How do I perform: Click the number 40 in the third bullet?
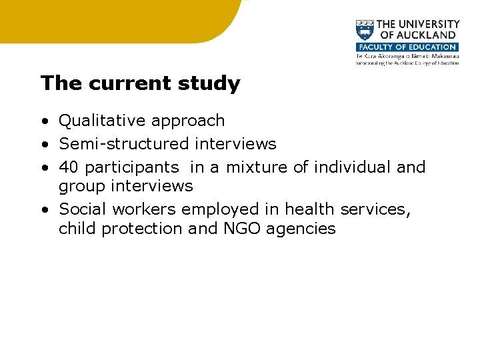[69, 167]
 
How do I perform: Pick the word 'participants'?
[132, 167]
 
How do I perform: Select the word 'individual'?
[353, 167]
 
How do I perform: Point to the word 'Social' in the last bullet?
[83, 209]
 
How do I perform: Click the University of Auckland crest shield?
[365, 30]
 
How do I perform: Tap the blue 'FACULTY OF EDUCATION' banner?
[407, 47]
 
